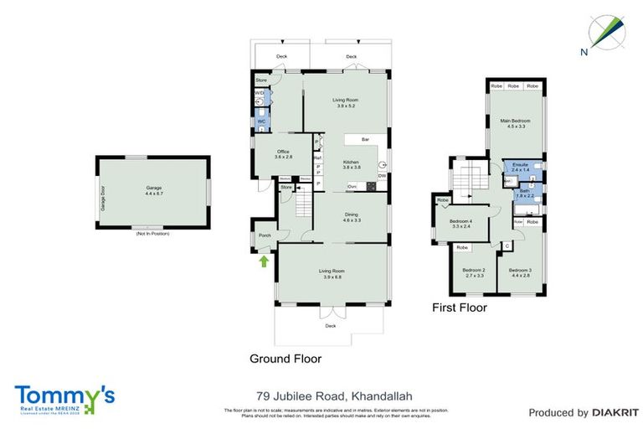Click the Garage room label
(x=152, y=190)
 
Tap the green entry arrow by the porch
(x=265, y=261)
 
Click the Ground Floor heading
(x=285, y=358)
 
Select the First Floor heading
(x=459, y=308)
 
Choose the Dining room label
(x=352, y=217)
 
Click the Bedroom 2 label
(x=474, y=272)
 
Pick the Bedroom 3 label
(x=520, y=271)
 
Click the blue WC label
(x=260, y=122)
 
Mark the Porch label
(x=265, y=235)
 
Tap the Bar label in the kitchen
(x=365, y=139)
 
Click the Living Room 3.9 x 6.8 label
(x=332, y=273)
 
